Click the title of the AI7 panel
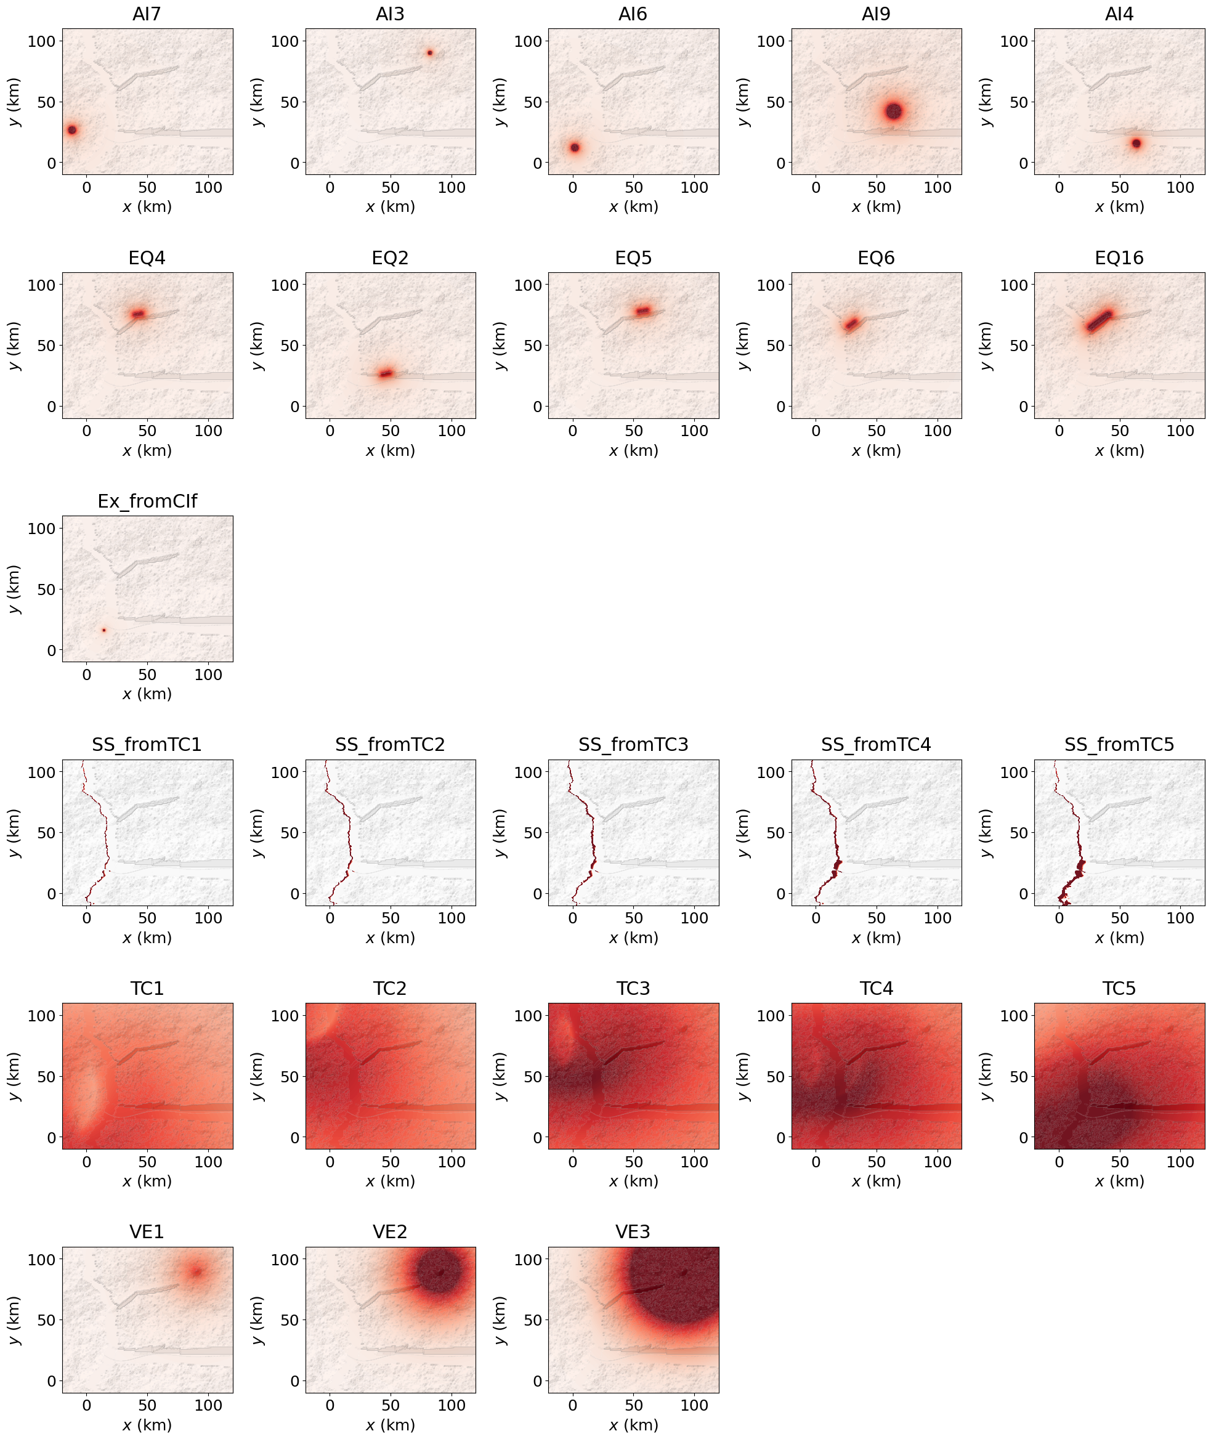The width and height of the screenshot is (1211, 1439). [x=147, y=14]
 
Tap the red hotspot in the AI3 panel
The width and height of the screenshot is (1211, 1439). [x=430, y=53]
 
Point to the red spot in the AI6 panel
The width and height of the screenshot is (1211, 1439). [x=575, y=148]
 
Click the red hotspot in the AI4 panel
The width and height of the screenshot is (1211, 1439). [x=1136, y=144]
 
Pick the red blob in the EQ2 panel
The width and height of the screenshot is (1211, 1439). [x=386, y=373]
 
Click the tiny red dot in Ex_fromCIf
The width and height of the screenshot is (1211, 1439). [x=104, y=630]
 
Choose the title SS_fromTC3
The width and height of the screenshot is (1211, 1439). [x=633, y=745]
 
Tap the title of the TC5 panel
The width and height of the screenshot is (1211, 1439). [x=1119, y=989]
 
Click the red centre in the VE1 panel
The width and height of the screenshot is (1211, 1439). [x=197, y=1272]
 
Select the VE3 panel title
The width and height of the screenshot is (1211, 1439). [x=633, y=1233]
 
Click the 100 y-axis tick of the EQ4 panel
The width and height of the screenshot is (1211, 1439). [x=41, y=285]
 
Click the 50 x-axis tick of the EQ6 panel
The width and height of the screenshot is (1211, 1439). [x=877, y=431]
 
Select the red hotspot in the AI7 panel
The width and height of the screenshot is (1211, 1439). [x=71, y=130]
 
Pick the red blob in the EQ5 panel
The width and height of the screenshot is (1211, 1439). [x=642, y=311]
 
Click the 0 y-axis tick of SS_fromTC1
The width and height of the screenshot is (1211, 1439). [x=52, y=894]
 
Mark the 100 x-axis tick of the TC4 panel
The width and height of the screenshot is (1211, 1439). [x=937, y=1162]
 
